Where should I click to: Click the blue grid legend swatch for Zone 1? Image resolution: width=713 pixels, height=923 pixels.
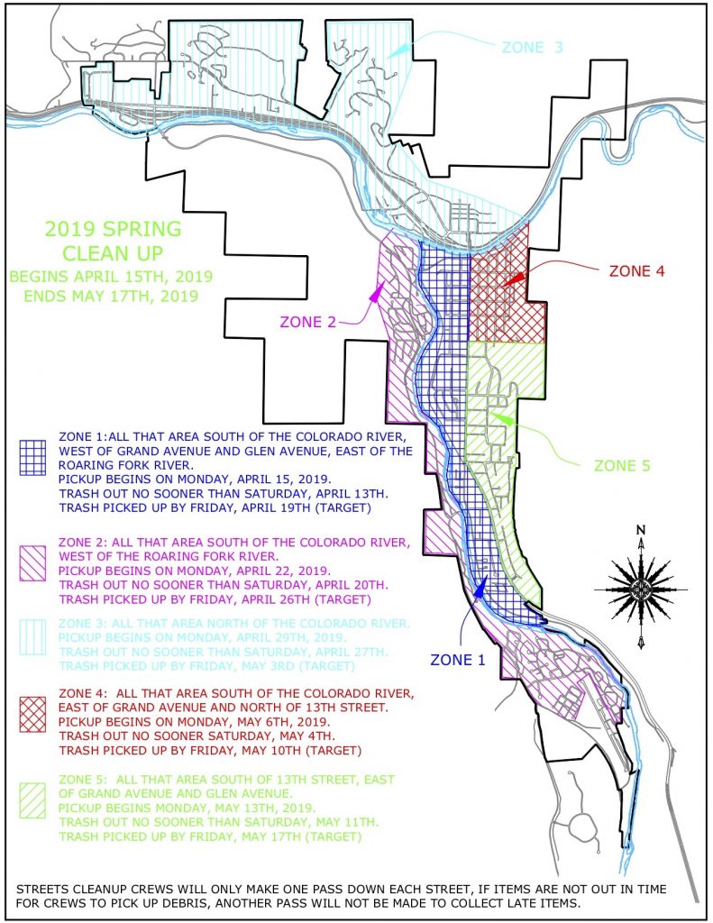tap(33, 459)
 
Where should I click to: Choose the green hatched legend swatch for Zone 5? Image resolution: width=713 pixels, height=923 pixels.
tap(33, 799)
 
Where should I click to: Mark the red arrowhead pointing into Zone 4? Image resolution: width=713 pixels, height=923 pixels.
tap(512, 280)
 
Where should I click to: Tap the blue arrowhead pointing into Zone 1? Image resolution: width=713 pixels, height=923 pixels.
tap(480, 587)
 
